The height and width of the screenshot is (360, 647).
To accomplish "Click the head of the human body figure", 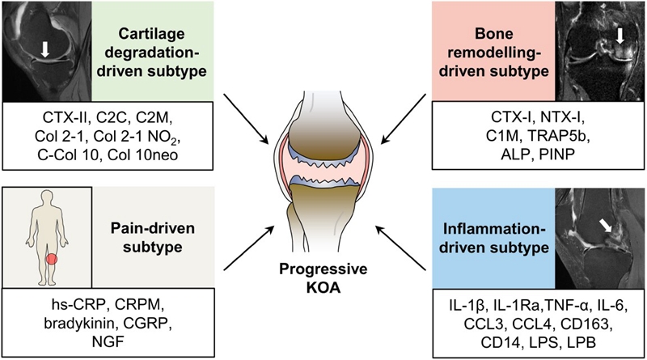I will click(x=50, y=199).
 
